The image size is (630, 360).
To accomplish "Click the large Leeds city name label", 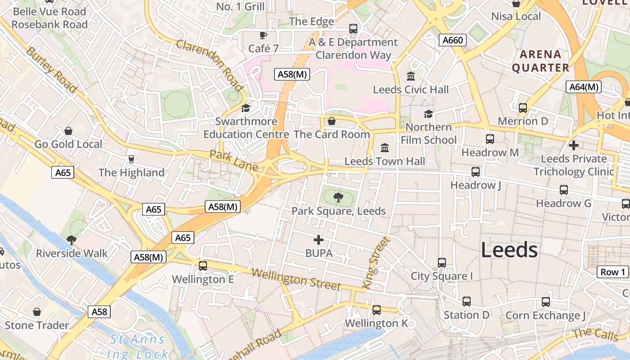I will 509,250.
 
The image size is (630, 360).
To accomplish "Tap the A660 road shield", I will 452,40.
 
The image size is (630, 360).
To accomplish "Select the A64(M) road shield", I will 583,87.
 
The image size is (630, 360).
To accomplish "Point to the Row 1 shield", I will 613,272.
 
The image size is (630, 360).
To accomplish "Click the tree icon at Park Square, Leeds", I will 338,197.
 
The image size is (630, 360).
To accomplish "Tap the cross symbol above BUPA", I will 319,240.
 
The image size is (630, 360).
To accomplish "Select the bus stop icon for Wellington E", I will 203,266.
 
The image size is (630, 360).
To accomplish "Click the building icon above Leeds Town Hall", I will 385,148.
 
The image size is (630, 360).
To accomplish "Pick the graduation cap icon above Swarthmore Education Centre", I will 246,108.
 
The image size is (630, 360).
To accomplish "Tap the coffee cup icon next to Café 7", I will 263,35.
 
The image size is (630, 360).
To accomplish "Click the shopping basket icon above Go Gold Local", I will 68,131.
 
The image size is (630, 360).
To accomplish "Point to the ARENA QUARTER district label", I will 540,61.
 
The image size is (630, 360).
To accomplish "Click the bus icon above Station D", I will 467,301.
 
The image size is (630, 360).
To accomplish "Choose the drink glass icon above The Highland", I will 131,159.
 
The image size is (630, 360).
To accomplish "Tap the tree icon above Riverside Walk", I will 71,240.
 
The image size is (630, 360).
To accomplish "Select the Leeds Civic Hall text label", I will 411,90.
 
